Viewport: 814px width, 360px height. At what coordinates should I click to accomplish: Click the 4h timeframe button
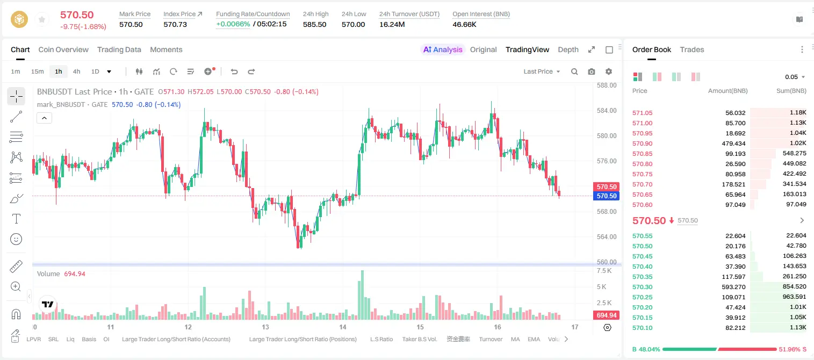76,71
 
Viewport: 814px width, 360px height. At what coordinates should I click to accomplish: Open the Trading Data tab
119,50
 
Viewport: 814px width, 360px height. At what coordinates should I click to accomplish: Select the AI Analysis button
443,50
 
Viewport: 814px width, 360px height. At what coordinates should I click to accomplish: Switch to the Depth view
568,50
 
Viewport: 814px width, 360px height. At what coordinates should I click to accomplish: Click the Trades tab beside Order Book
692,50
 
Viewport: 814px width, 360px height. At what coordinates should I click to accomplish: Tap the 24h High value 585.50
315,24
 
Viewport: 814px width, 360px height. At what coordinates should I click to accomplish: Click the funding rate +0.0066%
233,24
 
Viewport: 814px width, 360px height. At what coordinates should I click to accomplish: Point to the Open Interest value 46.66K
464,24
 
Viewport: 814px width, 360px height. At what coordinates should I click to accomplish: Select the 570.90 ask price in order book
642,143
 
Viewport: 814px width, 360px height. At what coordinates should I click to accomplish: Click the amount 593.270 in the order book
733,287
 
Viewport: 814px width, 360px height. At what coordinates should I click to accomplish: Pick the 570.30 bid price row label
642,287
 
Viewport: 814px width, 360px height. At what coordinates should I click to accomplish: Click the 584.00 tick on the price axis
607,111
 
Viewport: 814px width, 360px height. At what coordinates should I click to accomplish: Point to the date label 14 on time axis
343,327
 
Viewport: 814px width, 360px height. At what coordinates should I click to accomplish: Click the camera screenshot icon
592,71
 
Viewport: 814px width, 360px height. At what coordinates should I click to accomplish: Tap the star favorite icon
42,19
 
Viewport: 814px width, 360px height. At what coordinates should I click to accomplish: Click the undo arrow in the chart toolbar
234,71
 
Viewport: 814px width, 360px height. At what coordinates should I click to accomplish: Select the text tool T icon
16,219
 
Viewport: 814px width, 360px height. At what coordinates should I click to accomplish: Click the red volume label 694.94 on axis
606,315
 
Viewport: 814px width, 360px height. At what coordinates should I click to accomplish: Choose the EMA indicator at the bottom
534,339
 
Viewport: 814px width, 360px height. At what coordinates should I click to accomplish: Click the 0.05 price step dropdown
795,77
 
